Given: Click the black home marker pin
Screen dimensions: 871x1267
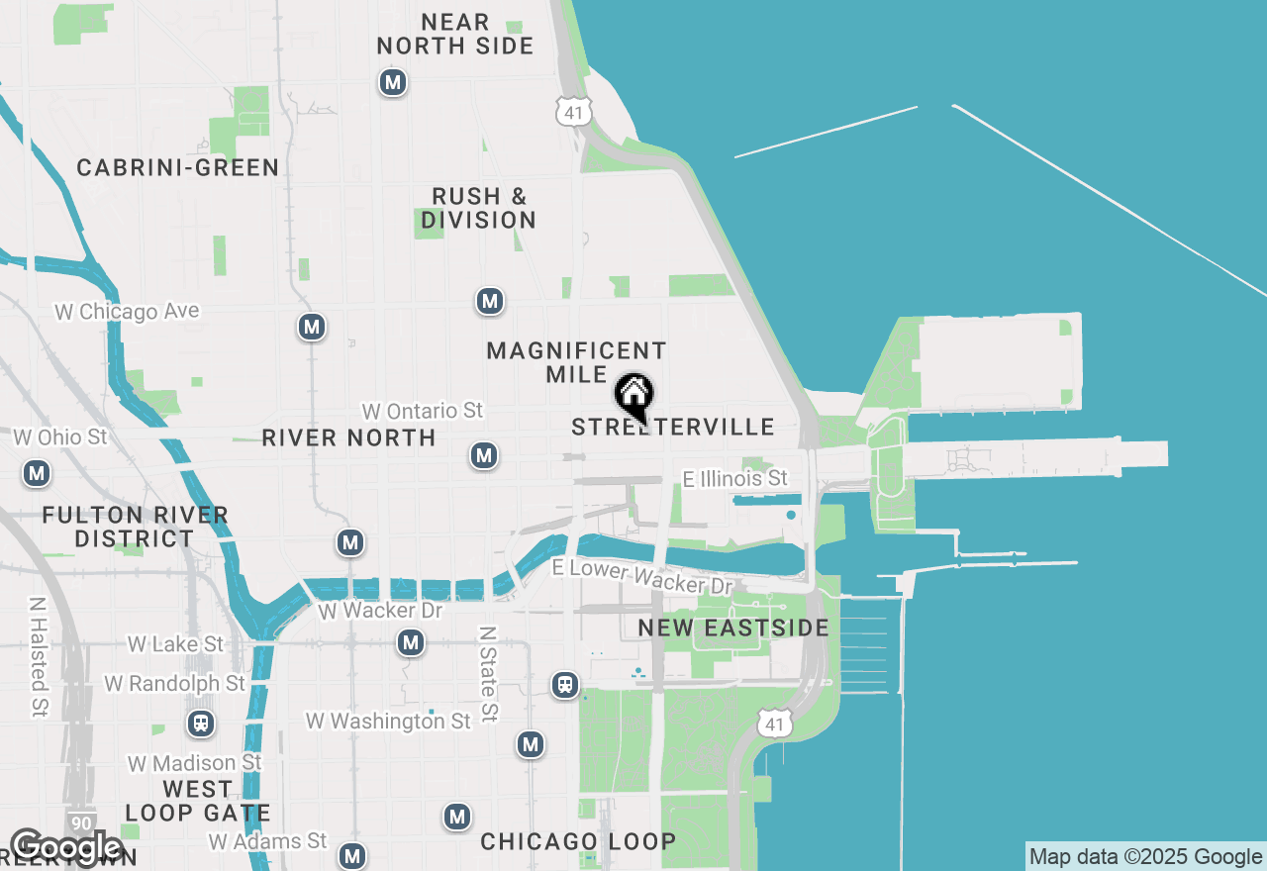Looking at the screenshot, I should tap(633, 396).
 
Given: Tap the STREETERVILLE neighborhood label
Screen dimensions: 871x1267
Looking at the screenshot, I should tap(673, 428).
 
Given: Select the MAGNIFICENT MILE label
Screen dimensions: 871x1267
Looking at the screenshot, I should tap(576, 362).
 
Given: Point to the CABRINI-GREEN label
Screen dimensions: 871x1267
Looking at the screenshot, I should tap(178, 168).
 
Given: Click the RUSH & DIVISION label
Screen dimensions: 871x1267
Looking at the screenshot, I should tap(479, 208).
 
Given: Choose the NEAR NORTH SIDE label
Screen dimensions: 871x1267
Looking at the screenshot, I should tap(455, 34).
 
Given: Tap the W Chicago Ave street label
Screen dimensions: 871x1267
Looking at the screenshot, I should tap(127, 312).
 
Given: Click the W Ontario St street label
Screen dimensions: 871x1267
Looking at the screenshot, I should tap(423, 410).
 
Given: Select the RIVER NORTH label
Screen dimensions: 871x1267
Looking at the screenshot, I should tap(348, 437).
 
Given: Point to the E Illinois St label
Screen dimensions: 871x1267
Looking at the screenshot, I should tap(735, 479).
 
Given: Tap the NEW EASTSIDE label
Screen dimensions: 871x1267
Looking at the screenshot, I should tap(733, 628).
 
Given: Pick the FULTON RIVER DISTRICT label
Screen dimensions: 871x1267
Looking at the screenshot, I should tap(136, 527).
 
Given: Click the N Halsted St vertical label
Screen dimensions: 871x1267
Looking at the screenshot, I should tap(39, 655).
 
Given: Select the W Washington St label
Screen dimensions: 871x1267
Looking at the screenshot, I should tap(388, 722).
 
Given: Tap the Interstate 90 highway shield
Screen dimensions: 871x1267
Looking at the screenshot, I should tap(83, 823).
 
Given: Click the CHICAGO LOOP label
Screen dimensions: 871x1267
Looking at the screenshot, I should tap(579, 842).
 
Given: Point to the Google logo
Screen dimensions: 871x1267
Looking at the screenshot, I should tap(65, 847).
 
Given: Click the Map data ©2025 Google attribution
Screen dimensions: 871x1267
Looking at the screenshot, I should tap(1145, 857).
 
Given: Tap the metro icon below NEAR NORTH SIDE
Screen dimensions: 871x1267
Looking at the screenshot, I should tap(393, 82).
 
